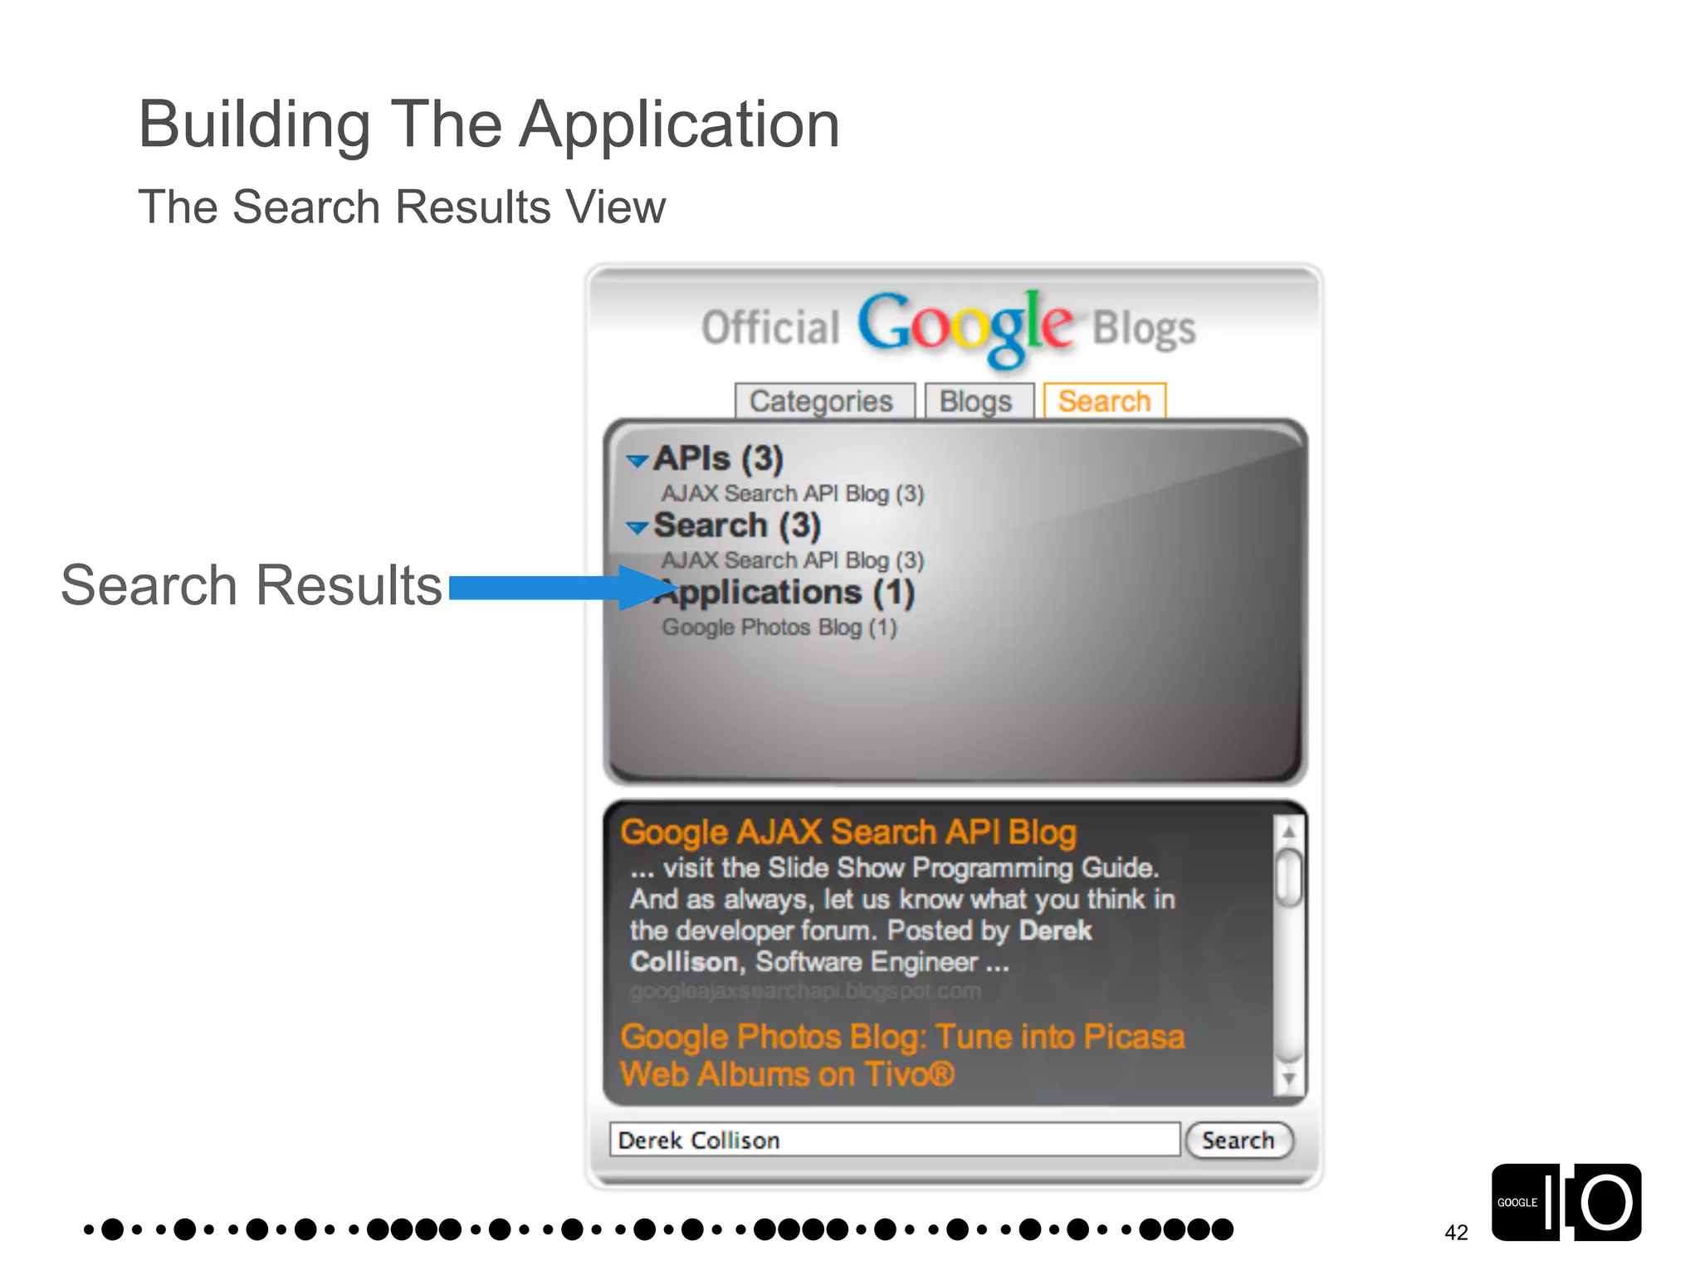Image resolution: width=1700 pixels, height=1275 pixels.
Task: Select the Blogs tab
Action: tap(976, 401)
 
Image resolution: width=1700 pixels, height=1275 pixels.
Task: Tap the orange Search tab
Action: tap(1104, 401)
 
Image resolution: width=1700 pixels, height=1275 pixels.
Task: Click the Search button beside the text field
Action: tap(1238, 1140)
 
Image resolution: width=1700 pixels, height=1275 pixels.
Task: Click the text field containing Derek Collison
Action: tap(894, 1140)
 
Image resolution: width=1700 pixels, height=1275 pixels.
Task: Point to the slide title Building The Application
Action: tap(489, 125)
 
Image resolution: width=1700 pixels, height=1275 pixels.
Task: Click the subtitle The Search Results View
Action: tap(402, 207)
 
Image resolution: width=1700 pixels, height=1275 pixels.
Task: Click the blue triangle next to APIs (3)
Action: tap(637, 461)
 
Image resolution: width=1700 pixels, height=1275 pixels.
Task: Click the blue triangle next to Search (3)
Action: tap(637, 528)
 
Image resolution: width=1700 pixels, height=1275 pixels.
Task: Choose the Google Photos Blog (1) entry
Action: tap(779, 628)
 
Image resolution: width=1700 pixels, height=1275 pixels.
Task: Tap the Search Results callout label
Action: tap(252, 585)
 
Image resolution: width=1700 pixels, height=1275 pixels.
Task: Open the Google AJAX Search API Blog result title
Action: tap(848, 832)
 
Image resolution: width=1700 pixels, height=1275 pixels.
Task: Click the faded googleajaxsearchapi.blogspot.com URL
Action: tap(805, 991)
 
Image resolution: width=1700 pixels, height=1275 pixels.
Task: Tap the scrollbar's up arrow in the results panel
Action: tap(1288, 831)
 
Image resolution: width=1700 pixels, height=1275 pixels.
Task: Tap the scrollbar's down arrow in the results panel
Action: tap(1288, 1078)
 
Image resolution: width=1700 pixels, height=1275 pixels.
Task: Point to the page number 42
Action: tap(1456, 1233)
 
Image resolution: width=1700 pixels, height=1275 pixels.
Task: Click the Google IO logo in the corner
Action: tap(1566, 1202)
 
